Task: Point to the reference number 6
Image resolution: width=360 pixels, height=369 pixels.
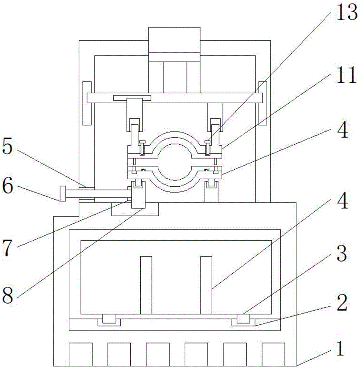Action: [7, 186]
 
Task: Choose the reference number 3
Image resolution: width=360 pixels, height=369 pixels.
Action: [342, 254]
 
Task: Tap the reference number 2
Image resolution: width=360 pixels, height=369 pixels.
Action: [342, 303]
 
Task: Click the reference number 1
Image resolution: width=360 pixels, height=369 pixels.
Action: [340, 349]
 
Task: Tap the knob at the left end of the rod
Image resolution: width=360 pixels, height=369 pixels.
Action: [63, 194]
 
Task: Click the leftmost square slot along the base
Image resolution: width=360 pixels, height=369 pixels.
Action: [80, 354]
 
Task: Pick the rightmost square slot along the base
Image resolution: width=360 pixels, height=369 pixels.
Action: [273, 354]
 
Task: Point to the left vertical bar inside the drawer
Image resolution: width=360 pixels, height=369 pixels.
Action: [146, 285]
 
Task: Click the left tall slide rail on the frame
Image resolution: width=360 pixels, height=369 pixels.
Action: [87, 103]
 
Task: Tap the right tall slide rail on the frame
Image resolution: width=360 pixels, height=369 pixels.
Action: [263, 103]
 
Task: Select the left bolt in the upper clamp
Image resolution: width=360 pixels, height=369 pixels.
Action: [142, 148]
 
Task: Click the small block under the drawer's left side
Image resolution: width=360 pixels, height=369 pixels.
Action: [109, 319]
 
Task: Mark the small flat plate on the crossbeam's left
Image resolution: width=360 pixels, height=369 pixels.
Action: [132, 98]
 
